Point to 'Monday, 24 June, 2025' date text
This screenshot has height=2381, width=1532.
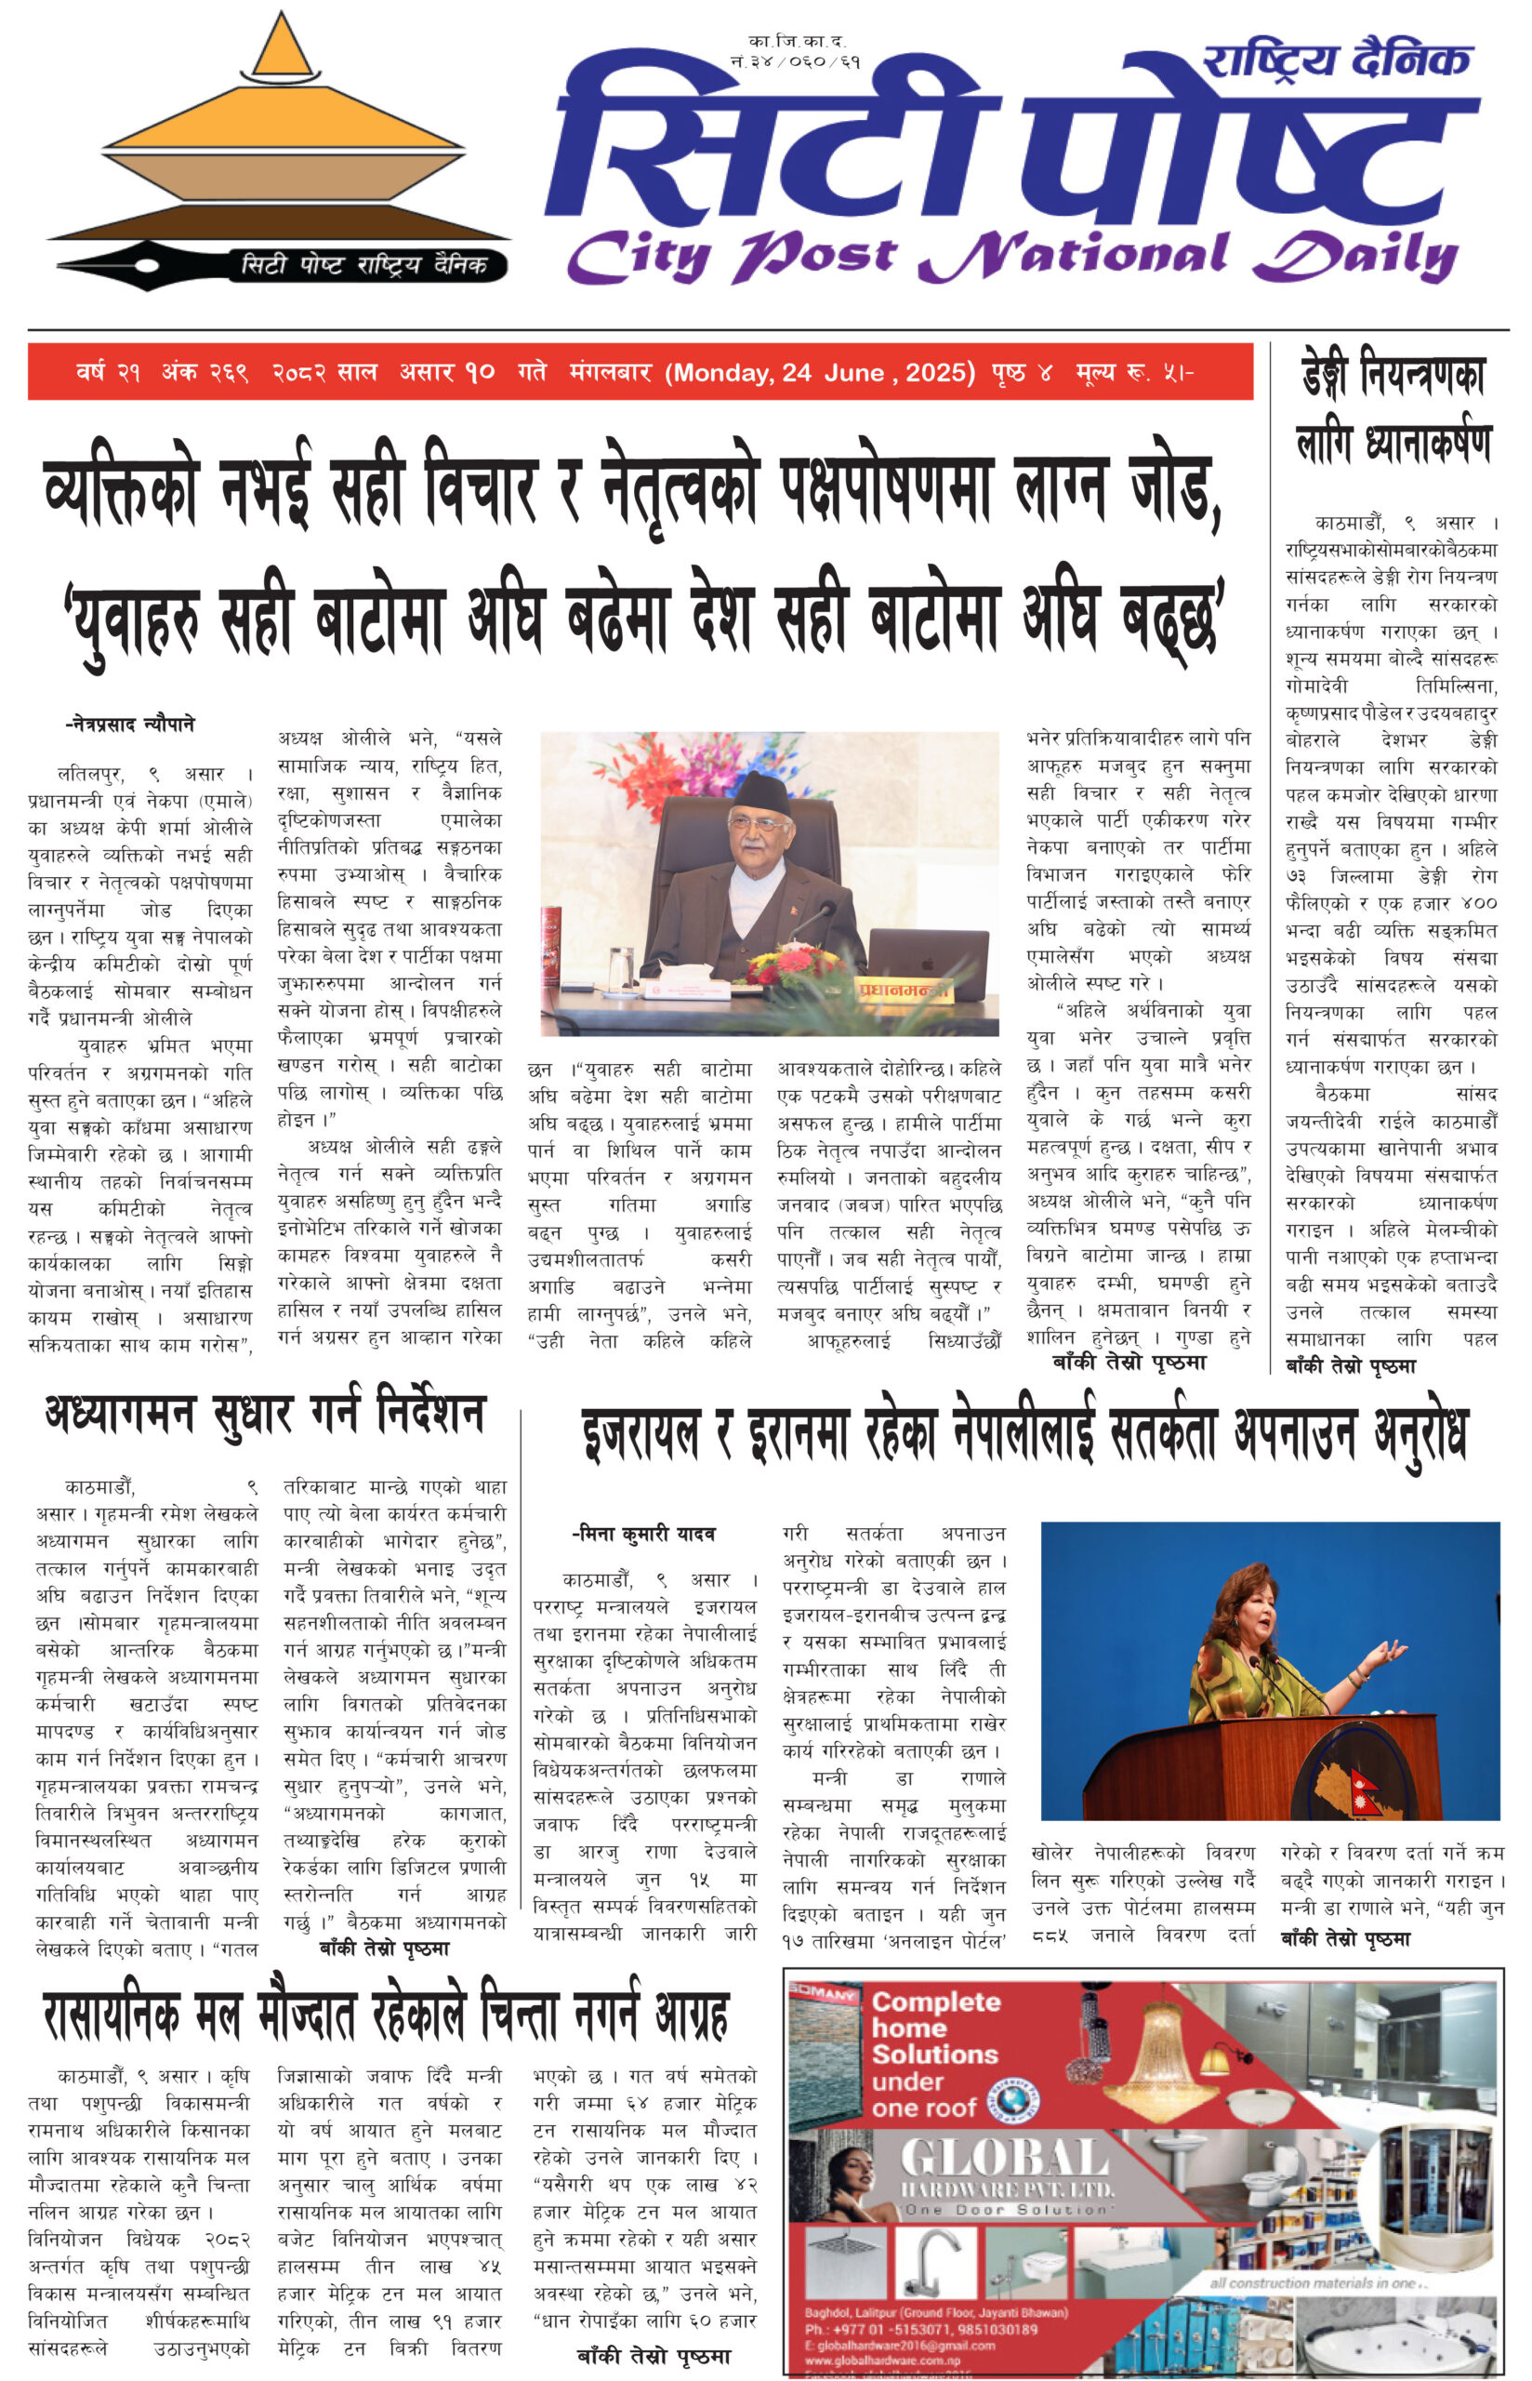820,373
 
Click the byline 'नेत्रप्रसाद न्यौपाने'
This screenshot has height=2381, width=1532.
130,724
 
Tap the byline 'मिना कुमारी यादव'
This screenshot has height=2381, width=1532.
644,1535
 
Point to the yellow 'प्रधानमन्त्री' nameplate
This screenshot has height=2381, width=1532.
905,990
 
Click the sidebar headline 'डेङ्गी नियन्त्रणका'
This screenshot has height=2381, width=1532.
1393,376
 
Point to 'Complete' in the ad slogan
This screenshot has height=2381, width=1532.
935,2001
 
